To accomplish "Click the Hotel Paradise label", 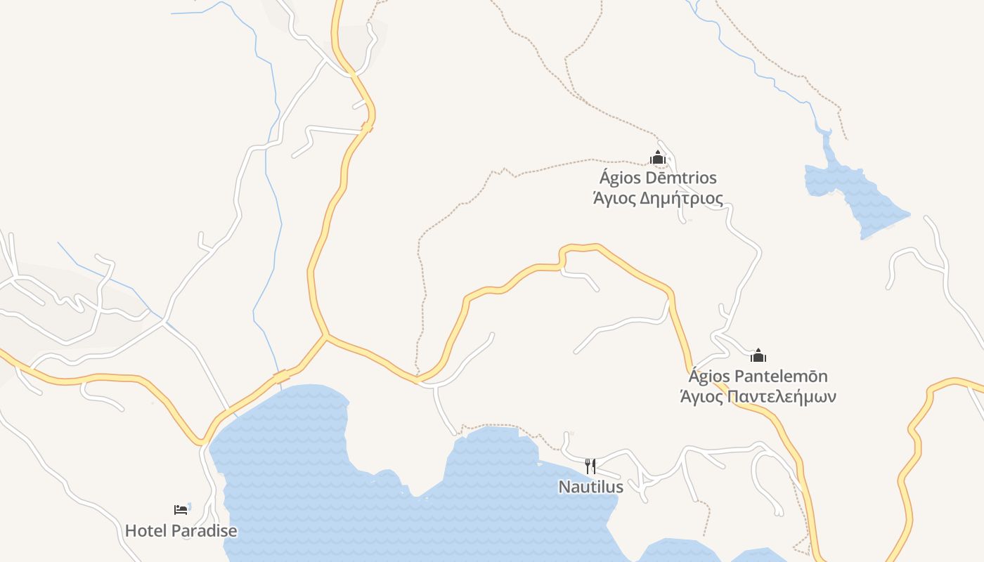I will pos(181,530).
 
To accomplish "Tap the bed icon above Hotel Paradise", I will pos(181,509).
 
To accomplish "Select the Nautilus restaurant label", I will pos(590,486).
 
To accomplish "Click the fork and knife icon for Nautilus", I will pos(590,466).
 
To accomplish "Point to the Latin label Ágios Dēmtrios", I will pos(658,178).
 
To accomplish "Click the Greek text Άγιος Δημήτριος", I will pos(658,198).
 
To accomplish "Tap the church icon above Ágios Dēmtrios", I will pos(658,158).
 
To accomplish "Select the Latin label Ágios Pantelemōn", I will pos(758,376).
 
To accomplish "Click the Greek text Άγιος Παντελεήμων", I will pos(758,396).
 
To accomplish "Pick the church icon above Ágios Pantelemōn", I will pos(758,355).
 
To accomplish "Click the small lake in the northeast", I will pos(854,197).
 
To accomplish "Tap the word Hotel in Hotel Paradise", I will pos(145,530).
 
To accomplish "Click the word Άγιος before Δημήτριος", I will pos(614,198).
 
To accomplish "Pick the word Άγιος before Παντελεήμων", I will pos(701,396).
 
